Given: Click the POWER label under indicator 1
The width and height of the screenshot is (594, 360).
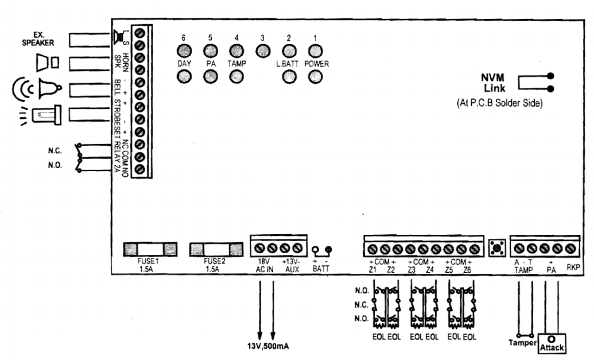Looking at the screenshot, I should point(316,64).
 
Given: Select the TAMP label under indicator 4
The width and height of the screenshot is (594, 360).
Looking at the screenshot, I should point(235,64).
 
